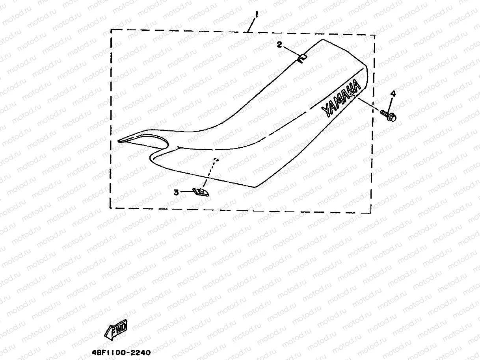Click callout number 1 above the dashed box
pos(256,14)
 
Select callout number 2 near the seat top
pos(279,45)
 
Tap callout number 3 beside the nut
pos(176,192)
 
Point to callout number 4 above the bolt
pos(393,93)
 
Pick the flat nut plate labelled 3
pos(201,192)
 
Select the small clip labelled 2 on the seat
pos(302,58)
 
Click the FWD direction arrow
pos(116,329)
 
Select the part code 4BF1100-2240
pos(120,353)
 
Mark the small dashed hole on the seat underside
pos(216,160)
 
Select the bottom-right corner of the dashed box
pos(370,213)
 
